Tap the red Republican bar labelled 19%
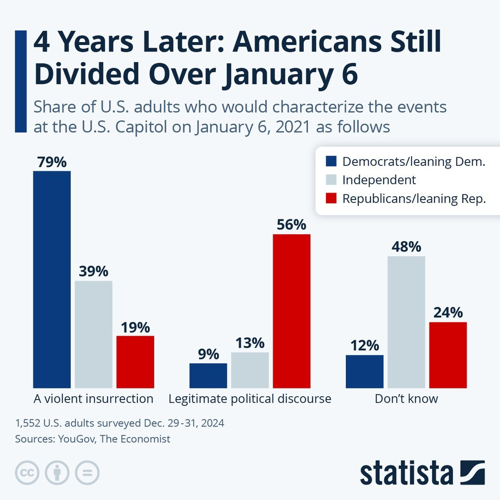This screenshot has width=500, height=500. pos(135,362)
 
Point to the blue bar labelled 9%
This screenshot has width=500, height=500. pos(208,375)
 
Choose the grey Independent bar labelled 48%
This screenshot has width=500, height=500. pos(406,322)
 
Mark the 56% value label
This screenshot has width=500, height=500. pos(291,225)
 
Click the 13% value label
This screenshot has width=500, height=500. pos(250,343)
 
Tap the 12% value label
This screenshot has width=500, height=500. pos(365,346)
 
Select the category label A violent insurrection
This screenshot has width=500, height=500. pos(93,399)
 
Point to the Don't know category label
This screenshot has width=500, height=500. pos(406,399)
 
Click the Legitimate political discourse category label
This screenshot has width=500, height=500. pos(250,399)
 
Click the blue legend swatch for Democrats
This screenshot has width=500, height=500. pos(331,162)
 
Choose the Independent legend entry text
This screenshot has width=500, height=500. pos(379,180)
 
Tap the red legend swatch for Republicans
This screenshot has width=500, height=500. pos(331,199)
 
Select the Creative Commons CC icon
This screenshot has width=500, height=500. pos(26,473)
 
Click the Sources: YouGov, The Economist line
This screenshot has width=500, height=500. pos(93,439)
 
